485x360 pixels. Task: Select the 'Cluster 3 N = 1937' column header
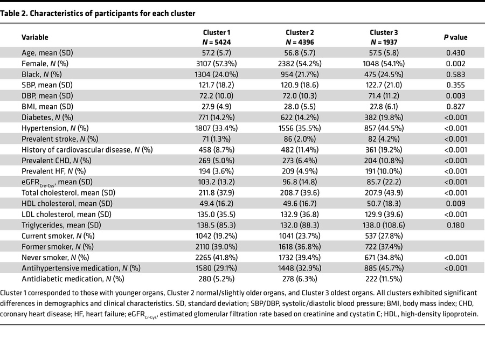(x=384, y=37)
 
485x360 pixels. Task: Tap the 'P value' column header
(x=456, y=37)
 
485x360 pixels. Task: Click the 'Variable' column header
(x=34, y=37)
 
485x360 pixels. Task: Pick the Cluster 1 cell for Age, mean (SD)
(x=217, y=53)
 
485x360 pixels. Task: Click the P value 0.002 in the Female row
(x=456, y=64)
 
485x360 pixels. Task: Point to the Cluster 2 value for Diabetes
(x=300, y=117)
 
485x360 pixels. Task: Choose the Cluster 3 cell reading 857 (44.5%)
(x=384, y=128)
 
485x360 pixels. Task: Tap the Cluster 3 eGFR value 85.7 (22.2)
(x=384, y=182)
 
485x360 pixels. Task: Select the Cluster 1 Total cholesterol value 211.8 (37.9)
(x=217, y=193)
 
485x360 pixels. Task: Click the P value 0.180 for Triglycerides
(x=456, y=225)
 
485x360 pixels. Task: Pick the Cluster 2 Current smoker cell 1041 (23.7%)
(x=300, y=236)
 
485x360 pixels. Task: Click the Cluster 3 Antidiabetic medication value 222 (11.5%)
(x=384, y=279)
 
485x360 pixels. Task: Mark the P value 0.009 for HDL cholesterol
(x=456, y=204)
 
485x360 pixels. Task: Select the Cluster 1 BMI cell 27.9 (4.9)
(x=217, y=107)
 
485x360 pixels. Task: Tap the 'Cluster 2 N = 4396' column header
(x=300, y=37)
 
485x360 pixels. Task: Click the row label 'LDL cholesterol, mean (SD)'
(x=66, y=214)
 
